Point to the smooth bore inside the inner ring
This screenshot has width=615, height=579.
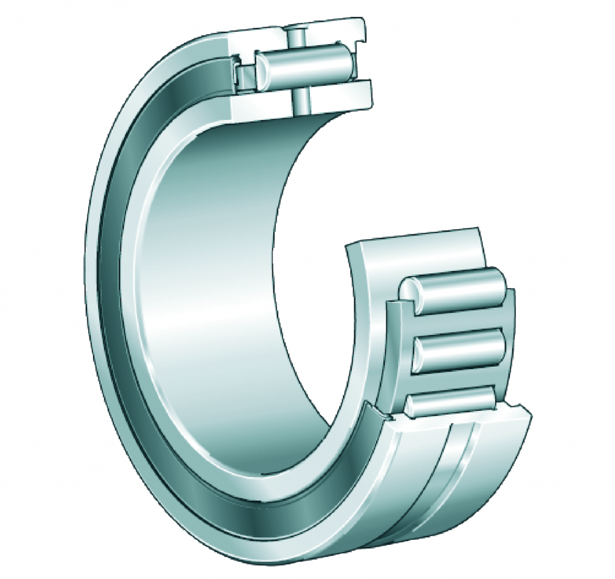click(x=228, y=289)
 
